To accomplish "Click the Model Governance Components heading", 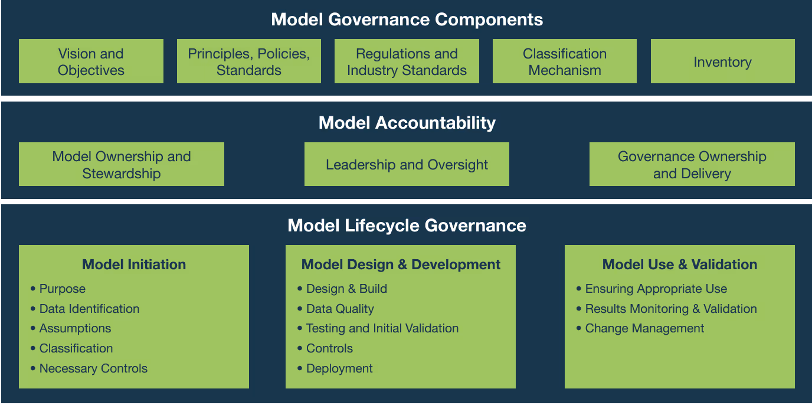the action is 407,19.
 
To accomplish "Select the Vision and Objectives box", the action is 91,61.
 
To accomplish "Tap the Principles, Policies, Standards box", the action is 248,61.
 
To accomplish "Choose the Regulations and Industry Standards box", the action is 407,61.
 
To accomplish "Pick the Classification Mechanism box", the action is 564,61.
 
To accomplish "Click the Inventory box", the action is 722,61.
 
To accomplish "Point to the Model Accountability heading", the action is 407,123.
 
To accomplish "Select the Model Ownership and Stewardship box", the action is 122,165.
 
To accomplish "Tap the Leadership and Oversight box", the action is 407,165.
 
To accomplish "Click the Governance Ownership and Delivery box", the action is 692,165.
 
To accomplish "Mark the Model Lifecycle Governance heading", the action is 407,226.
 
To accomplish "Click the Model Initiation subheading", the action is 134,264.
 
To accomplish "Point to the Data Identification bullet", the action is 89,309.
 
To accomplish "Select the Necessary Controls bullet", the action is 93,368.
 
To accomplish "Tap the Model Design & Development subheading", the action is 401,264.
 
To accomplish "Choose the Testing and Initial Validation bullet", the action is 382,328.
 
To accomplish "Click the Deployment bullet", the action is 339,368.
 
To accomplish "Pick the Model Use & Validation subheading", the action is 679,264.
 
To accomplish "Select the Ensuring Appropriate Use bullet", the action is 656,289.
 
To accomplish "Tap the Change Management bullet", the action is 644,328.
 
